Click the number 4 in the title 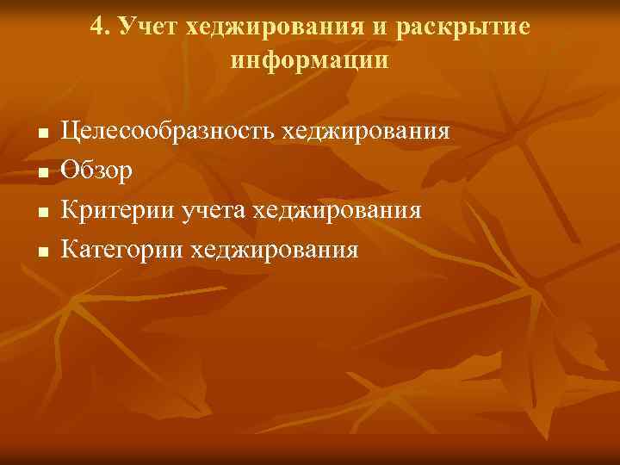coord(96,28)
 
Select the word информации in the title coord(310,61)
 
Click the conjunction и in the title coord(380,29)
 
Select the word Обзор coord(96,171)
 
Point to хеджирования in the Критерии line coord(339,211)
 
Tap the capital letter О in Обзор coord(69,171)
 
